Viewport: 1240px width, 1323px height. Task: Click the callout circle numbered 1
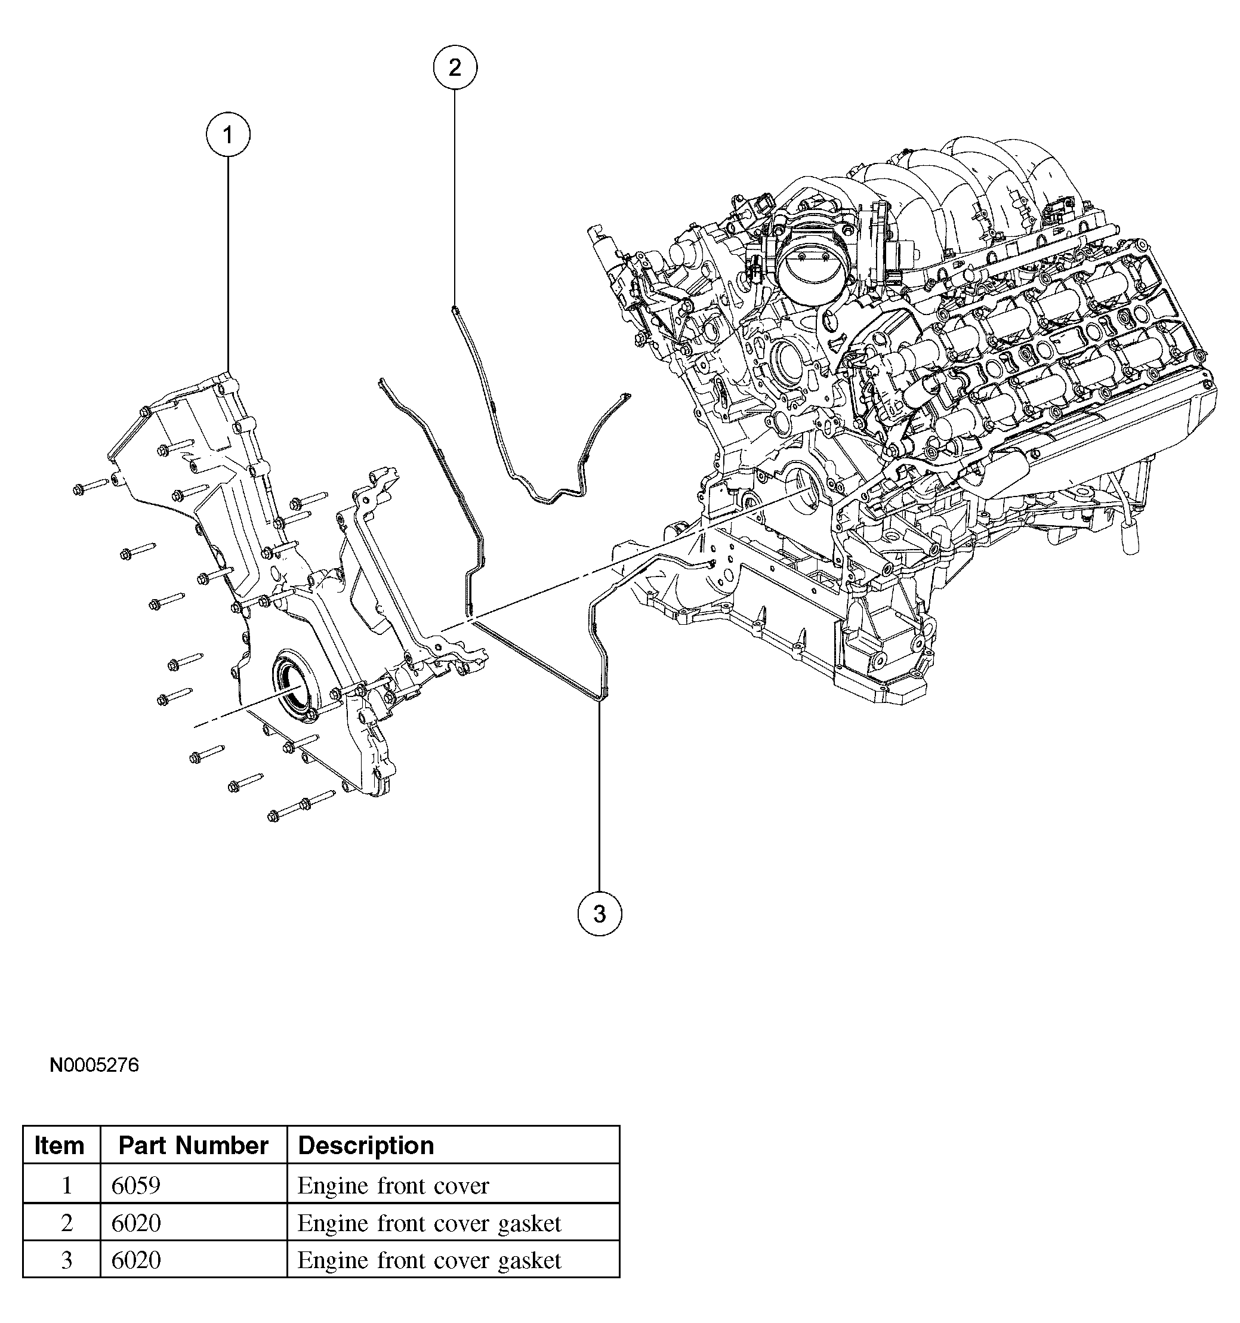pyautogui.click(x=227, y=135)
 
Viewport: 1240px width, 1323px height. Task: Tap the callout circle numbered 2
pyautogui.click(x=455, y=67)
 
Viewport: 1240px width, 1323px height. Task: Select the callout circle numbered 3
pyautogui.click(x=599, y=914)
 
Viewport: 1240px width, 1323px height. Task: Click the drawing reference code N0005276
pyautogui.click(x=94, y=1065)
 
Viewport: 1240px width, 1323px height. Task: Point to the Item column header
pyautogui.click(x=60, y=1145)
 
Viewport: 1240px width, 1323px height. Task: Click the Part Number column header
pyautogui.click(x=193, y=1145)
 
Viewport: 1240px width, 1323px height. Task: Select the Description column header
pyautogui.click(x=366, y=1145)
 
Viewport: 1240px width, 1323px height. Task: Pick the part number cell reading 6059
pyautogui.click(x=136, y=1185)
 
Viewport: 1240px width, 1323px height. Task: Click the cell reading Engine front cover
pyautogui.click(x=393, y=1185)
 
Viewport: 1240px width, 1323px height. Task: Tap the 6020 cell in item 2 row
pyautogui.click(x=136, y=1223)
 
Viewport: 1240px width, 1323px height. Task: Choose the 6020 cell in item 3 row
pyautogui.click(x=136, y=1260)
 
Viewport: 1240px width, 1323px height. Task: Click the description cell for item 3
pyautogui.click(x=429, y=1260)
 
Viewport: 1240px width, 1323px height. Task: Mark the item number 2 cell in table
pyautogui.click(x=67, y=1223)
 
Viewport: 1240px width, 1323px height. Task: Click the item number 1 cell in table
pyautogui.click(x=67, y=1185)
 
